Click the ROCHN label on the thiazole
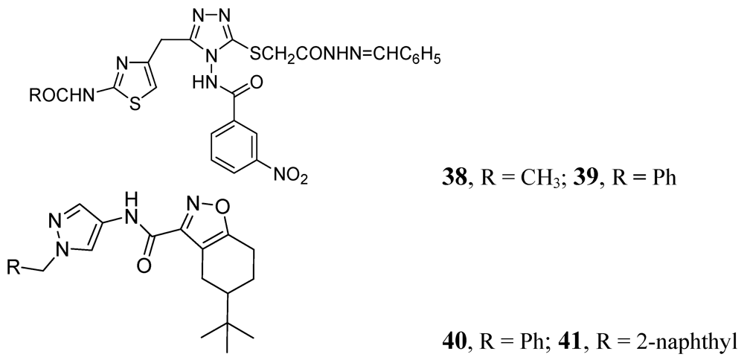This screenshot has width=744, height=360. point(57,96)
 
